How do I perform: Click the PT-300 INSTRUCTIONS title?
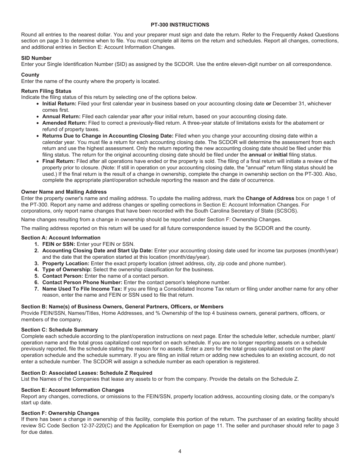click(x=180, y=25)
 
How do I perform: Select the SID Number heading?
click(x=36, y=58)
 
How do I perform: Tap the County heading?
click(x=30, y=75)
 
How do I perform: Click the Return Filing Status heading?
click(x=46, y=91)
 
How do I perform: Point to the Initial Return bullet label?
click(x=59, y=103)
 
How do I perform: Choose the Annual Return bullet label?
click(x=61, y=116)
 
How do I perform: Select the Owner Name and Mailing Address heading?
click(x=64, y=192)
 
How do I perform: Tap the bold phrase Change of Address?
click(x=270, y=198)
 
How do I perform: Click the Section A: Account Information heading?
click(x=61, y=238)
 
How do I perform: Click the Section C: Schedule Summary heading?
click(x=59, y=330)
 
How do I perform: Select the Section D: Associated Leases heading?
click(x=87, y=373)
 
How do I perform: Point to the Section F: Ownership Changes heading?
click(x=60, y=413)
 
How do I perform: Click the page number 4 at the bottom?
click(x=180, y=451)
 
